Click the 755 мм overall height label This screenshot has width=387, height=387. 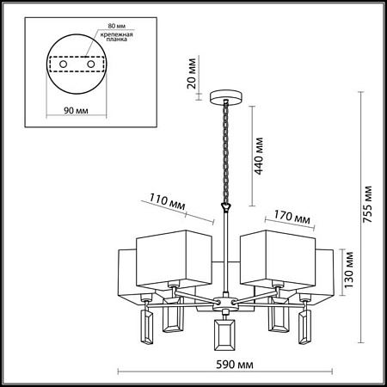pos(367,205)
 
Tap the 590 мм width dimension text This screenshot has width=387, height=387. pos(235,365)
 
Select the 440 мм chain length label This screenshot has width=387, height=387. pos(259,157)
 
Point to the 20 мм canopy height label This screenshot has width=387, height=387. pos(192,74)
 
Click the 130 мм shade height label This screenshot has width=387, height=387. pos(348,270)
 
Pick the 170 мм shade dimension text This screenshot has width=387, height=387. pos(292,217)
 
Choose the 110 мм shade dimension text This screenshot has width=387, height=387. pos(168,202)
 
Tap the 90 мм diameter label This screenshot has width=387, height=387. pos(76,110)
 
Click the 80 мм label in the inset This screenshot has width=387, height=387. pos(117,26)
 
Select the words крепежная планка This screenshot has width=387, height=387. pos(116,37)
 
